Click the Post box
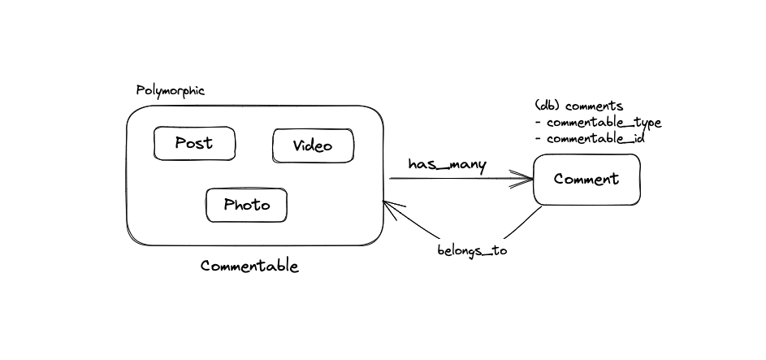[194, 143]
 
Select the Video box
[313, 145]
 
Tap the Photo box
[246, 205]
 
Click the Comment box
[586, 180]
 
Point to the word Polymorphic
[171, 91]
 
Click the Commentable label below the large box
[249, 267]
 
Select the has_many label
[448, 165]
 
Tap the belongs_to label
[473, 250]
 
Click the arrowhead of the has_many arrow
[526, 178]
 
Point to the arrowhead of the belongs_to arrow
[391, 207]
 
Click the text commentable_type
[604, 123]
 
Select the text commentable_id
[596, 139]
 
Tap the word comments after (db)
[594, 106]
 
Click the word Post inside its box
[194, 143]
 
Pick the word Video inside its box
[313, 145]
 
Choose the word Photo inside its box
[247, 205]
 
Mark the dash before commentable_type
[539, 123]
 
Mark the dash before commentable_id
[539, 139]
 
